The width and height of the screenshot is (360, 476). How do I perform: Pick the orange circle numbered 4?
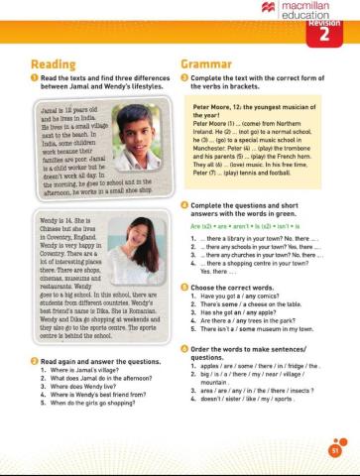tap(184, 177)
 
